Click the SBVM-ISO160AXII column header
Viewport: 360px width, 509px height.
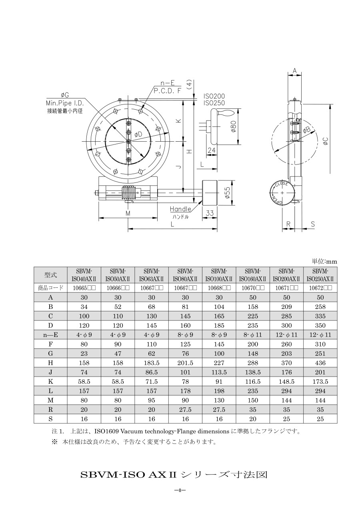(x=252, y=275)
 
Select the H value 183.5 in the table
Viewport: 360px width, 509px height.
(x=152, y=363)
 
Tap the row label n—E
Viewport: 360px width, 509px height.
(x=50, y=335)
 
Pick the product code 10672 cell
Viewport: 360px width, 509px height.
(x=320, y=288)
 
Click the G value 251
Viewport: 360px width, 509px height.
(x=320, y=354)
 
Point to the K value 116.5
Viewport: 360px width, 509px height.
(x=252, y=381)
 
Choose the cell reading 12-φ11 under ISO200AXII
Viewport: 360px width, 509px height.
(x=286, y=335)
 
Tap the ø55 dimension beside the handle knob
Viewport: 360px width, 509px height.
(x=228, y=193)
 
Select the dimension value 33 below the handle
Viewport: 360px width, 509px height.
(x=210, y=213)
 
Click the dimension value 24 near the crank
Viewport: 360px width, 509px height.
(x=212, y=150)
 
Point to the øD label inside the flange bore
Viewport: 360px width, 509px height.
(x=138, y=134)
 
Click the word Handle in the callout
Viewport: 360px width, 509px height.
(x=180, y=209)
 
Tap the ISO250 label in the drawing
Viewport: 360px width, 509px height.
(x=214, y=103)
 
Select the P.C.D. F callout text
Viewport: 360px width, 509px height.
(x=167, y=91)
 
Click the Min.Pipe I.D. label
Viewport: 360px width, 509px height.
(x=65, y=103)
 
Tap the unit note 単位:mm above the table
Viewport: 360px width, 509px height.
(x=324, y=262)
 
